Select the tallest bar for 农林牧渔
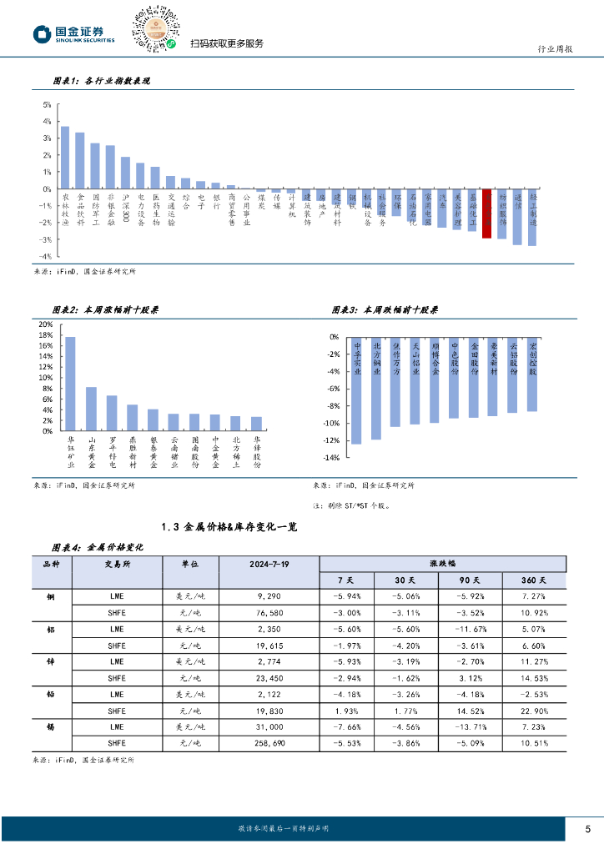[x=65, y=158]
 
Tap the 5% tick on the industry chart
[x=47, y=105]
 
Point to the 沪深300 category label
[x=125, y=206]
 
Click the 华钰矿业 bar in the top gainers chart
[x=70, y=384]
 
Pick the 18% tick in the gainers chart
[x=46, y=335]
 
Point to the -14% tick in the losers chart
[x=330, y=458]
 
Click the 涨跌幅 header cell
[x=444, y=564]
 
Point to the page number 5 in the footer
[x=587, y=828]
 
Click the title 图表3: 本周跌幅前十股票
[x=385, y=309]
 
